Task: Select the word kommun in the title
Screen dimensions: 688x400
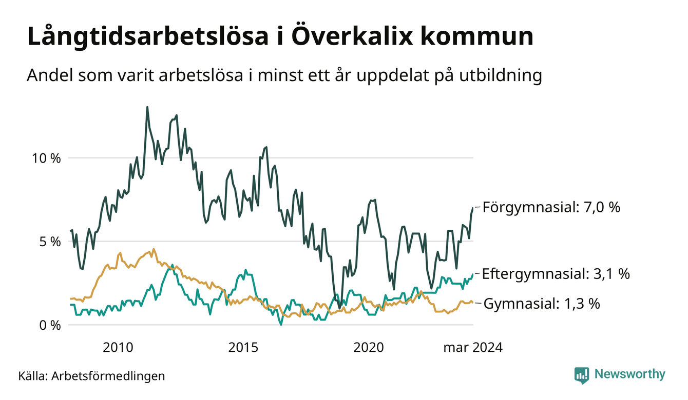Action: pyautogui.click(x=476, y=36)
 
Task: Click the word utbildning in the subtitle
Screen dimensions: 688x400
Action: pyautogui.click(x=501, y=75)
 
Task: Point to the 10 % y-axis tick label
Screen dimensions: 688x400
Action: pyautogui.click(x=46, y=158)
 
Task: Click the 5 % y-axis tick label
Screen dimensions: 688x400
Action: pyautogui.click(x=50, y=242)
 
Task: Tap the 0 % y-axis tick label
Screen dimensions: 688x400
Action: pyautogui.click(x=50, y=326)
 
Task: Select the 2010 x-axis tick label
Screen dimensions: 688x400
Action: pyautogui.click(x=118, y=348)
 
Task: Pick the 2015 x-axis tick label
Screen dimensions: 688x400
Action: pyautogui.click(x=243, y=348)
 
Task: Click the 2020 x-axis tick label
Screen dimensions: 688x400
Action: pyautogui.click(x=369, y=348)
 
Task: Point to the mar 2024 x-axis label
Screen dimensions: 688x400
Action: pyautogui.click(x=473, y=348)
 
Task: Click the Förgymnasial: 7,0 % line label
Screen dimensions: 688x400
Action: pyautogui.click(x=551, y=207)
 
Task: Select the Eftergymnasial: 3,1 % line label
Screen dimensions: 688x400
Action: pyautogui.click(x=556, y=274)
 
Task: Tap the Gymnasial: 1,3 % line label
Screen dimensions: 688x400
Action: pyautogui.click(x=542, y=304)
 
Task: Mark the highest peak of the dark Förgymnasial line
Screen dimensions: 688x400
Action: pyautogui.click(x=147, y=107)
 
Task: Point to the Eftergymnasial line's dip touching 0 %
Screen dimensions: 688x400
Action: pyautogui.click(x=281, y=324)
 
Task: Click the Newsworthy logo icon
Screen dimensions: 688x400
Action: pyautogui.click(x=582, y=375)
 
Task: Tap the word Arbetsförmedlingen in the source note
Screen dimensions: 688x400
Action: pyautogui.click(x=108, y=376)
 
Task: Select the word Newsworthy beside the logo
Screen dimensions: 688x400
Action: pyautogui.click(x=630, y=374)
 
